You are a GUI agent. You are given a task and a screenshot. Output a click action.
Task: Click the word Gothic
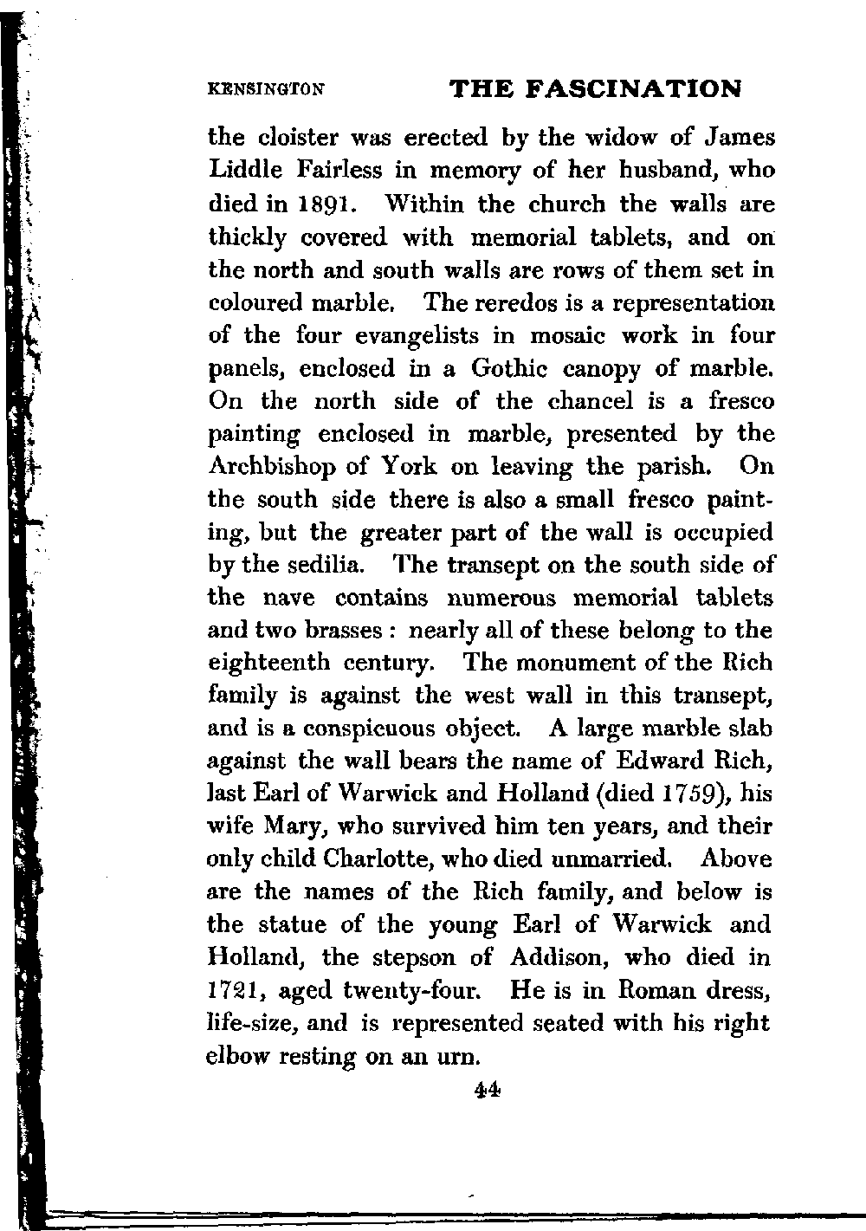coord(509,369)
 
